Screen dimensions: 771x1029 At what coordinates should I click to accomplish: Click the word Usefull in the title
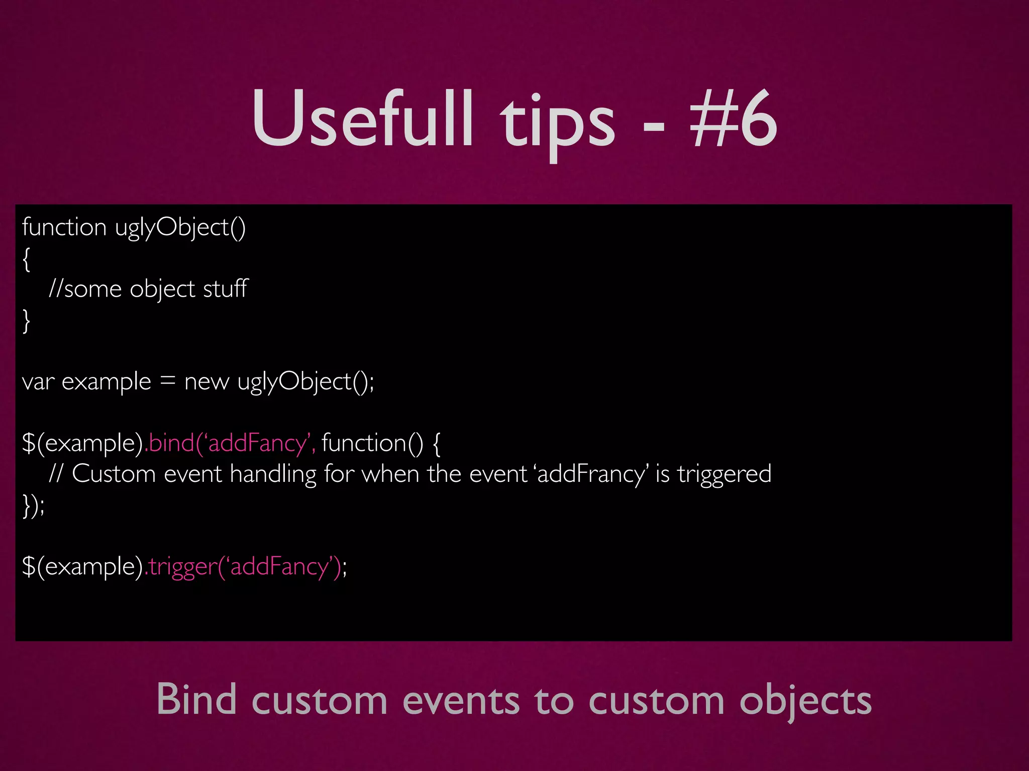362,119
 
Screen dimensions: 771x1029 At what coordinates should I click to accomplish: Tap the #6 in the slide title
734,119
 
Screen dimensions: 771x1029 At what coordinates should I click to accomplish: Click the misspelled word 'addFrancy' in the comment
591,474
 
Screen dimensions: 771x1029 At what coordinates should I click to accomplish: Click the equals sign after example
167,381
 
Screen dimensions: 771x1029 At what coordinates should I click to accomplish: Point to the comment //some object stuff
148,289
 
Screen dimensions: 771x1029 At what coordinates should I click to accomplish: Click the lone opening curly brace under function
27,259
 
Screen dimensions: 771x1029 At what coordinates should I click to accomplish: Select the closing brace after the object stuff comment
27,321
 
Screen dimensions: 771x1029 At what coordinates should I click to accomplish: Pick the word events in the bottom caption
461,701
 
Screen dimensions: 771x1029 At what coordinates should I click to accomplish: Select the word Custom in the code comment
114,474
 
